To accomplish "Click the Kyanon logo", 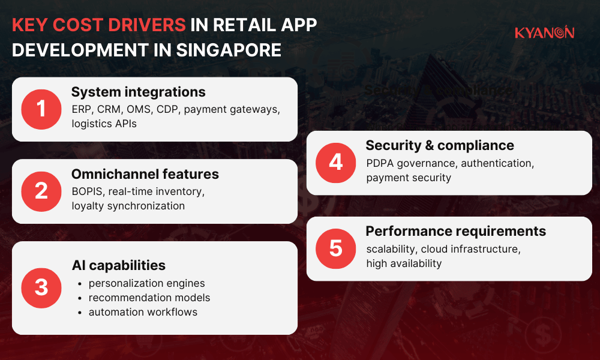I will coord(544,32).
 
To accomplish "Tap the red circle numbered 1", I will coord(41,109).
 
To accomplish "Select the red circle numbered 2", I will coord(41,191).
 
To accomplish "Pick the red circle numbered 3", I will coord(41,287).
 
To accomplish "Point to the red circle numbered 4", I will coord(336,163).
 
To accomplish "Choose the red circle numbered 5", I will coord(336,248).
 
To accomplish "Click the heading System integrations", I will coord(138,92).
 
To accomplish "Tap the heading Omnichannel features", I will coord(145,174).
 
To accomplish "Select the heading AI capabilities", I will coord(118,265).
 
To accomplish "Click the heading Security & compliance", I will coord(440,145).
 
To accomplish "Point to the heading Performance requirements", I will coord(455,231).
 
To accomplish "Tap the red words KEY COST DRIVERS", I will coord(98,25).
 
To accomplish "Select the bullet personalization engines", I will coord(146,283).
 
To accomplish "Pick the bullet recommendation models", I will coord(149,298).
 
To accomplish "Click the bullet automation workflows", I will coord(143,312).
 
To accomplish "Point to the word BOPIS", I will coord(87,191).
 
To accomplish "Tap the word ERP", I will coord(82,110).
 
